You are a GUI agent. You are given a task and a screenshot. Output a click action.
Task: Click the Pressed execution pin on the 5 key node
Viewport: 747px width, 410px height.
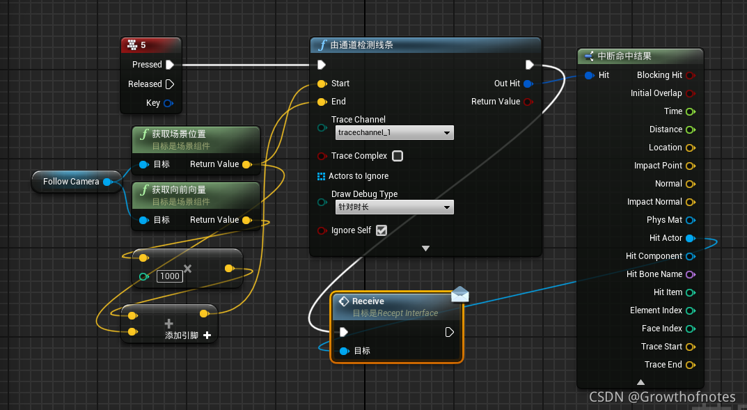tap(170, 65)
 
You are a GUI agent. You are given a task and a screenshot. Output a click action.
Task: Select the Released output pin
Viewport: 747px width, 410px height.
tap(170, 84)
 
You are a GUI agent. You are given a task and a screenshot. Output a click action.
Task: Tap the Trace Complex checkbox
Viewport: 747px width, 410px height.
tap(398, 156)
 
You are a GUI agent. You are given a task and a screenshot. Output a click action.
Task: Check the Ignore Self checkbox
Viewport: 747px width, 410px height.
tap(381, 230)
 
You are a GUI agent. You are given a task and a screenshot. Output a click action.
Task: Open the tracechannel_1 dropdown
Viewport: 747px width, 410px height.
tap(393, 132)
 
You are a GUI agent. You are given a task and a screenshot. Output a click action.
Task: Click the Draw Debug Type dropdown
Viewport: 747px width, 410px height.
tap(393, 207)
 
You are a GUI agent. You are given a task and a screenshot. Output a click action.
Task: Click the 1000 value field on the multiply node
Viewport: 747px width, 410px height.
tap(169, 276)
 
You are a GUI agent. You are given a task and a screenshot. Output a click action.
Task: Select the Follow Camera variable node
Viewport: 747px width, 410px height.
tap(71, 182)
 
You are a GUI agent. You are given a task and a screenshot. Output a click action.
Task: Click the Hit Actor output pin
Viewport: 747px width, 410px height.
tap(690, 238)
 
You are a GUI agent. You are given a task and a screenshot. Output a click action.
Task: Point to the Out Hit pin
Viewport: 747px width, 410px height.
tap(528, 84)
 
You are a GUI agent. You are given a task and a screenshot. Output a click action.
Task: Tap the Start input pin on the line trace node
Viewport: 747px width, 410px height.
tap(322, 84)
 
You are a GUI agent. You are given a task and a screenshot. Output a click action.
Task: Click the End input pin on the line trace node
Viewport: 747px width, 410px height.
tap(322, 102)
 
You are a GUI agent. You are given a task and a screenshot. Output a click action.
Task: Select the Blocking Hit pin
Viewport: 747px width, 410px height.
tap(690, 75)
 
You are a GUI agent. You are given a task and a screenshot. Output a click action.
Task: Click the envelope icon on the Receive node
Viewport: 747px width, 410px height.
tap(460, 294)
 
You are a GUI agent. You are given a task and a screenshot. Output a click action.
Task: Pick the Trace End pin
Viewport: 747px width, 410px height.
tap(690, 365)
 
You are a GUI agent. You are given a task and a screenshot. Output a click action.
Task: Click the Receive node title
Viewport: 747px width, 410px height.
tap(368, 301)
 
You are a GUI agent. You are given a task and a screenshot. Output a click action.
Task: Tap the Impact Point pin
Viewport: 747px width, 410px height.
tap(690, 166)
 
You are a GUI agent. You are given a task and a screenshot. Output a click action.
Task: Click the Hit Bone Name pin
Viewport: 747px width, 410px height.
tap(690, 274)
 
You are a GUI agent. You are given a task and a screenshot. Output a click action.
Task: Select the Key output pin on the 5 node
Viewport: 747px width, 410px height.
tap(168, 103)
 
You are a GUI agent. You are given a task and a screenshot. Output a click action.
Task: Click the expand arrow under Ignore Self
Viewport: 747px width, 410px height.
tap(425, 248)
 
